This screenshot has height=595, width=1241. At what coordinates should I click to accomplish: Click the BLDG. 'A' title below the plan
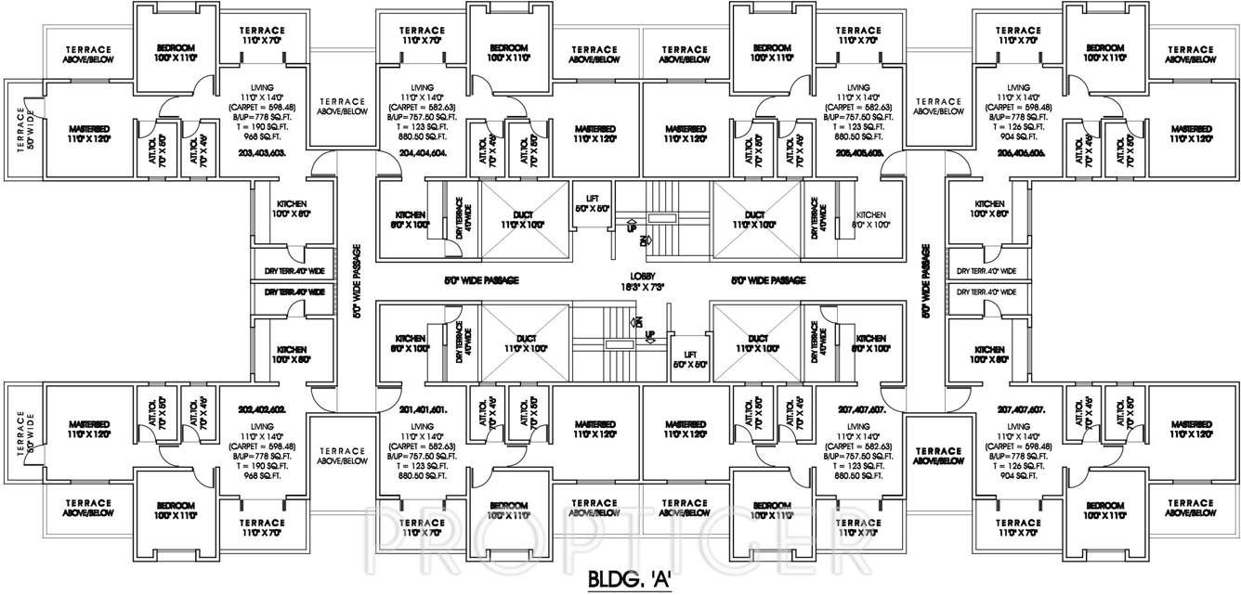(637, 580)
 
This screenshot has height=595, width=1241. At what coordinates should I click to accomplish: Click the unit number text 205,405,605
(856, 152)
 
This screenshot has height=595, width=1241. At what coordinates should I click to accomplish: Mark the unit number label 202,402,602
(262, 409)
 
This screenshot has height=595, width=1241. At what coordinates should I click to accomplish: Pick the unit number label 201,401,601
(424, 409)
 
